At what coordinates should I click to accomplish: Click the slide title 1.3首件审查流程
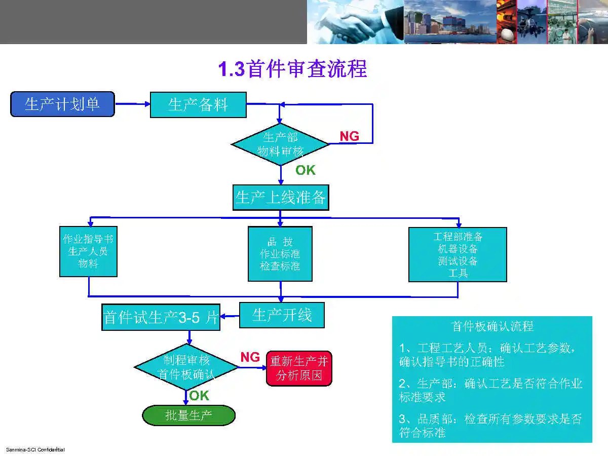pyautogui.click(x=292, y=69)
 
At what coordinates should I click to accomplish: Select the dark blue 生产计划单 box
pyautogui.click(x=62, y=104)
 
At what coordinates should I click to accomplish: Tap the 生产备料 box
pyautogui.click(x=198, y=105)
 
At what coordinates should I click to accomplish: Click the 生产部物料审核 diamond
pyautogui.click(x=280, y=144)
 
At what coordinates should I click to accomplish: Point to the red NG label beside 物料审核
pyautogui.click(x=349, y=136)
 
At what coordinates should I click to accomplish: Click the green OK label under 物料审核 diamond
pyautogui.click(x=306, y=170)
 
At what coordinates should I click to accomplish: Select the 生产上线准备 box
pyautogui.click(x=280, y=198)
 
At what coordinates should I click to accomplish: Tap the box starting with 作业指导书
pyautogui.click(x=88, y=251)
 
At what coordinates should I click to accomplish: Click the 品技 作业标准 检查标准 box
pyautogui.click(x=280, y=254)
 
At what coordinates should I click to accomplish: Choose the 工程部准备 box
pyautogui.click(x=458, y=254)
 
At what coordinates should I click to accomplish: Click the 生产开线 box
pyautogui.click(x=282, y=315)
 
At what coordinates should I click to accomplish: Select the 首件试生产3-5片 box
pyautogui.click(x=161, y=318)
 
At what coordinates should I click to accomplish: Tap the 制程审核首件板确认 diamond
pyautogui.click(x=186, y=367)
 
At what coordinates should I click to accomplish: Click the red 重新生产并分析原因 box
pyautogui.click(x=299, y=368)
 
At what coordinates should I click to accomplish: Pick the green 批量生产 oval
pyautogui.click(x=188, y=415)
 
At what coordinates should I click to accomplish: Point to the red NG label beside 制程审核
pyautogui.click(x=250, y=357)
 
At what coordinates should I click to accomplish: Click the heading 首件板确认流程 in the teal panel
pyautogui.click(x=492, y=326)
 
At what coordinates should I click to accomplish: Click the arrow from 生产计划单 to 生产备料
pyautogui.click(x=132, y=104)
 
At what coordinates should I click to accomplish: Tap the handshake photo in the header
pyautogui.click(x=355, y=22)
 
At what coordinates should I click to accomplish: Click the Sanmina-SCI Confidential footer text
pyautogui.click(x=35, y=449)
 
